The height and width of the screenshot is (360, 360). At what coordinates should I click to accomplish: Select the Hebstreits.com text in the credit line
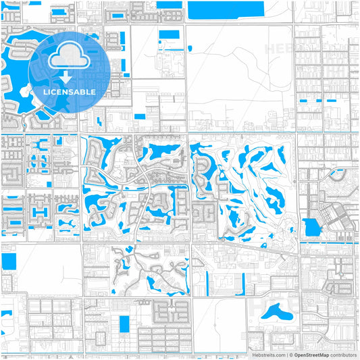pos(267,355)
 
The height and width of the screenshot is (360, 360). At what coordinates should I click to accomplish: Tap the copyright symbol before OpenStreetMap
pos(290,355)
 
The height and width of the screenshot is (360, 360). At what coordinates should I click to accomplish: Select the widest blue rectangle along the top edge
pos(226,9)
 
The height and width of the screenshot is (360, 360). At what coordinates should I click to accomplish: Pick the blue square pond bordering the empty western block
pos(9,261)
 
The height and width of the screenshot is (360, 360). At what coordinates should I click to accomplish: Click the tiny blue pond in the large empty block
pos(190,48)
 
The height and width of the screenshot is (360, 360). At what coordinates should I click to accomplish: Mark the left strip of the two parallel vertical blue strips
pos(210,284)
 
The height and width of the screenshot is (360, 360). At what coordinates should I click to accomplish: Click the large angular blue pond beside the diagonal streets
pos(312,227)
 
